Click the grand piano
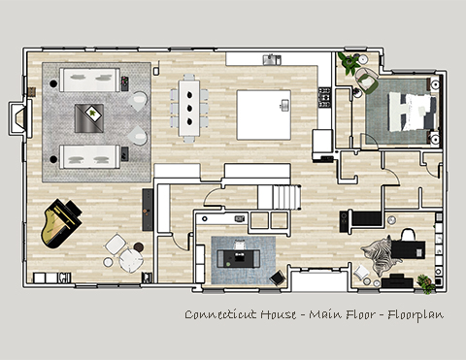[x=60, y=223]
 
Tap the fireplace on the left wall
[x=20, y=117]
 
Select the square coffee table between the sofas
[x=89, y=118]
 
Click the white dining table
[x=189, y=108]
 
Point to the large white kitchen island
[x=264, y=115]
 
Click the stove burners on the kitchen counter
[x=324, y=97]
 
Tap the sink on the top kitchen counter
[x=272, y=60]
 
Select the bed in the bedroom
[x=412, y=112]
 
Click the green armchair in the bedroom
[x=366, y=81]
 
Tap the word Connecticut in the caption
[x=220, y=314]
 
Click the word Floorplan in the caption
[x=416, y=314]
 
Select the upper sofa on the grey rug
[x=89, y=80]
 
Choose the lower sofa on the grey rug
[x=89, y=156]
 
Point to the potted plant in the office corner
[x=426, y=283]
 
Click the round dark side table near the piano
[x=139, y=247]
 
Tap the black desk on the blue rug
[x=239, y=258]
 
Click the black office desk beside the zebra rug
[x=408, y=249]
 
